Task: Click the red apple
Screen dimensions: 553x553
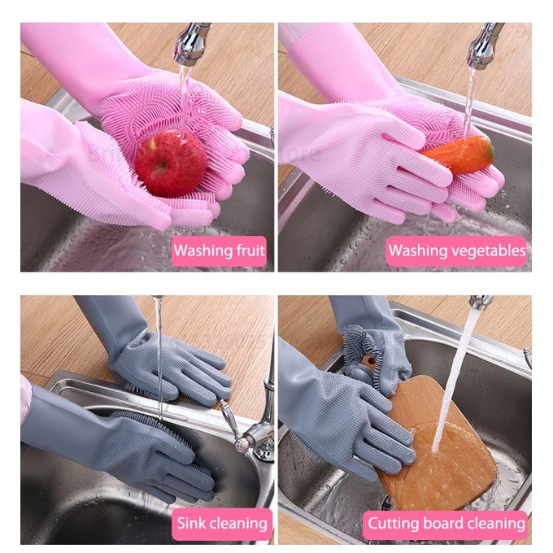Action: click(172, 163)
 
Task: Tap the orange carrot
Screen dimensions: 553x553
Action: click(459, 155)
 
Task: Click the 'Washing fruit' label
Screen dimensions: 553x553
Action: click(219, 250)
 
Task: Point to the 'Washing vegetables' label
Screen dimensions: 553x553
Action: click(457, 250)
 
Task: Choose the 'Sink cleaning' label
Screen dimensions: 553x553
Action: click(222, 524)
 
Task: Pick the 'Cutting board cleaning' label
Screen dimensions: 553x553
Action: click(446, 524)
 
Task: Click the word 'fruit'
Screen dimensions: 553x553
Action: click(250, 250)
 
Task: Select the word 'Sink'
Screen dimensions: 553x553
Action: click(191, 523)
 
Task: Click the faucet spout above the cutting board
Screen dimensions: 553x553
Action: click(481, 302)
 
